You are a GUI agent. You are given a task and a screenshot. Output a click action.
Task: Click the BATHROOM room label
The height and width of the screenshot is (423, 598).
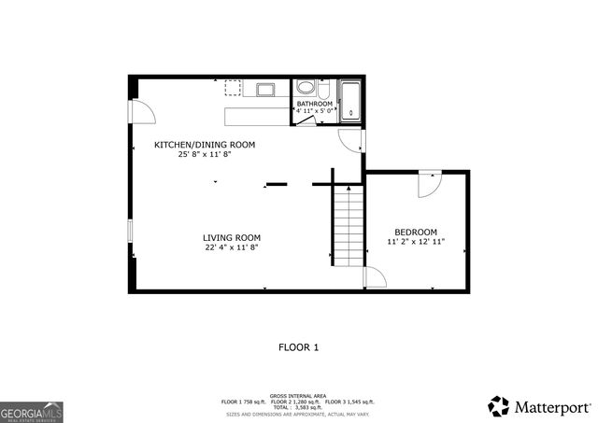(x=315, y=104)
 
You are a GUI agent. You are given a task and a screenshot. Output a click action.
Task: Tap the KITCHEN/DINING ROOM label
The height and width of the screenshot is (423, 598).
(x=205, y=145)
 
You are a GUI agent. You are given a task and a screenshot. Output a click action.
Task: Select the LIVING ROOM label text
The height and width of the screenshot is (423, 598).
(x=233, y=237)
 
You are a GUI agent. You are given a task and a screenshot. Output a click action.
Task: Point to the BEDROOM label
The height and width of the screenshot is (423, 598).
(x=416, y=232)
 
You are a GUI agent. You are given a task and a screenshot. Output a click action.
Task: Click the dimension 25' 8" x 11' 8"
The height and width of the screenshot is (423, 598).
(x=205, y=155)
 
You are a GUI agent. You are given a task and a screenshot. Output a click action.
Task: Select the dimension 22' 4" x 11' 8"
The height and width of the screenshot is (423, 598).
(x=233, y=247)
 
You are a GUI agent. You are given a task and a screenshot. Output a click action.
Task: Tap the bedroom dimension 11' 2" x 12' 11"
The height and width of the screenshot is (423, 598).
(x=416, y=242)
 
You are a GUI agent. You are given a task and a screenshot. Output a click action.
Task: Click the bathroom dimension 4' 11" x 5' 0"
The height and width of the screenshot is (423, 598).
(x=315, y=112)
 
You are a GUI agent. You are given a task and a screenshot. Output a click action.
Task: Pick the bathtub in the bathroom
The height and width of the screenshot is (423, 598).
(x=351, y=101)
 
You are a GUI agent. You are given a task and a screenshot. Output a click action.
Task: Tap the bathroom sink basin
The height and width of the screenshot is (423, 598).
(x=306, y=89)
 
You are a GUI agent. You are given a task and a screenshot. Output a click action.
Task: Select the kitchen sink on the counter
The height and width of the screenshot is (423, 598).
(x=264, y=90)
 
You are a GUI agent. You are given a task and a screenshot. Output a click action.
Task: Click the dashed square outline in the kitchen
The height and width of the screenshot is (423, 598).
(x=233, y=88)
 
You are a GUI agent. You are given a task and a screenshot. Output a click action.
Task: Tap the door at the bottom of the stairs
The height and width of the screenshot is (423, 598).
(x=373, y=277)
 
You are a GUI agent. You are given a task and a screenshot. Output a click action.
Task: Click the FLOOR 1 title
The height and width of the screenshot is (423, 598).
(x=299, y=347)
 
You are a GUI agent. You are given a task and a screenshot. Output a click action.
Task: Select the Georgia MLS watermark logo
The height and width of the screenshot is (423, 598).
(x=31, y=411)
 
